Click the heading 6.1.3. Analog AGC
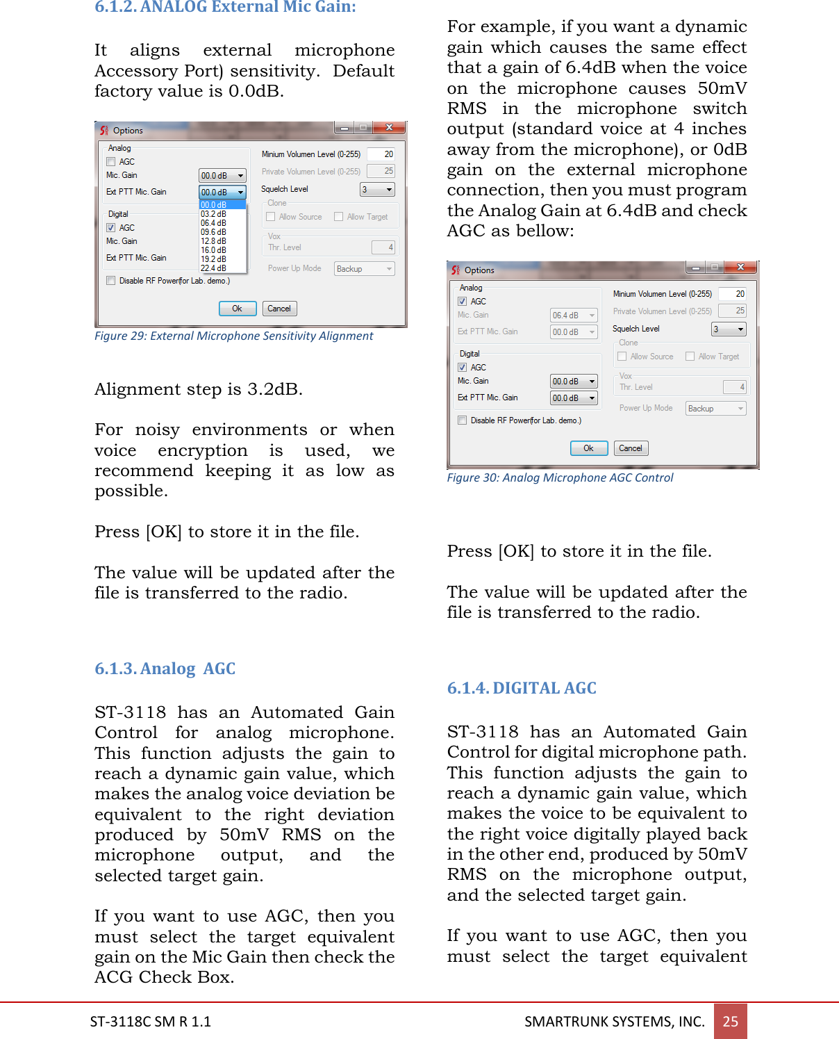[165, 669]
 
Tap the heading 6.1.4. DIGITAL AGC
[521, 688]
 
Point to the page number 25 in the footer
[730, 1021]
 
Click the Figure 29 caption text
[233, 336]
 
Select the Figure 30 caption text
[560, 477]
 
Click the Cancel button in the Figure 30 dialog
[631, 448]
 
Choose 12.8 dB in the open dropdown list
[213, 241]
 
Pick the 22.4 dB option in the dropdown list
[213, 268]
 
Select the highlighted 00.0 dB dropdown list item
[213, 205]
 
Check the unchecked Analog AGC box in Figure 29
[111, 162]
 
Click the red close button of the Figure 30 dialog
[740, 268]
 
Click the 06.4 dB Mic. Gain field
[573, 316]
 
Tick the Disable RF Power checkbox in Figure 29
[111, 281]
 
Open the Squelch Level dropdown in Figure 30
[729, 329]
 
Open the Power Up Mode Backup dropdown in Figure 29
[365, 269]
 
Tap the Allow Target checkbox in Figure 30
[690, 357]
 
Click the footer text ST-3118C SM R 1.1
[150, 1021]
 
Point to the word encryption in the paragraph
[202, 450]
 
